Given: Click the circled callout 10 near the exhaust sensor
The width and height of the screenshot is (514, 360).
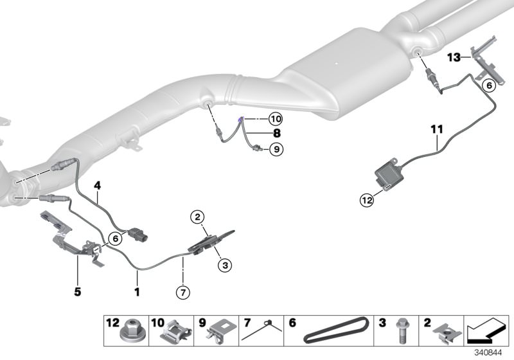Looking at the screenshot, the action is (276, 119).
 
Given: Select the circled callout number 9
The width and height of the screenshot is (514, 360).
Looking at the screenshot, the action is (276, 150).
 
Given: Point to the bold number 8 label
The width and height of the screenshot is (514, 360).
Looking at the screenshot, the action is (277, 133).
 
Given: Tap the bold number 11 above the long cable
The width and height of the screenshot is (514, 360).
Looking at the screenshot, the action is (437, 129).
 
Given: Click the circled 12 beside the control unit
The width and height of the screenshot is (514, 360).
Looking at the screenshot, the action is (367, 200).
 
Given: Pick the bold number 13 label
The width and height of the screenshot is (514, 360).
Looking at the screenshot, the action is (454, 58).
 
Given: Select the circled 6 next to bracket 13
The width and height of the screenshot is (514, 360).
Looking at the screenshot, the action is (489, 85).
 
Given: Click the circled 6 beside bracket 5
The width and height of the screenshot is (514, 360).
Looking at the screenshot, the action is (115, 239).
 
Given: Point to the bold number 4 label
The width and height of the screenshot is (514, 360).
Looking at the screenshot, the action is (98, 186).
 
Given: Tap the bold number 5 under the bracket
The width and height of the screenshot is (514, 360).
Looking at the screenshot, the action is (77, 291).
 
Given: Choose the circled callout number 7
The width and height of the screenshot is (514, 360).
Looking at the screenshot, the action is (183, 292).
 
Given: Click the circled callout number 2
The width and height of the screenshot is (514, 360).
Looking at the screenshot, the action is (198, 217).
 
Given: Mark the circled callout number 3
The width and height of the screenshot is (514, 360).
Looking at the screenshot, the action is (225, 265).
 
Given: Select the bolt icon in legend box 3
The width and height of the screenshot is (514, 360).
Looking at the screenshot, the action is (402, 331).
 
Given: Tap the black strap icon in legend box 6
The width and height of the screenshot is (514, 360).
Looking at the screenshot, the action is (336, 330).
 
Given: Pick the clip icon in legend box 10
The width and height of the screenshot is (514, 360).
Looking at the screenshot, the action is (176, 331).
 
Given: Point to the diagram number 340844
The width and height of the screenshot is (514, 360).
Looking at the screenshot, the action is (488, 353).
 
